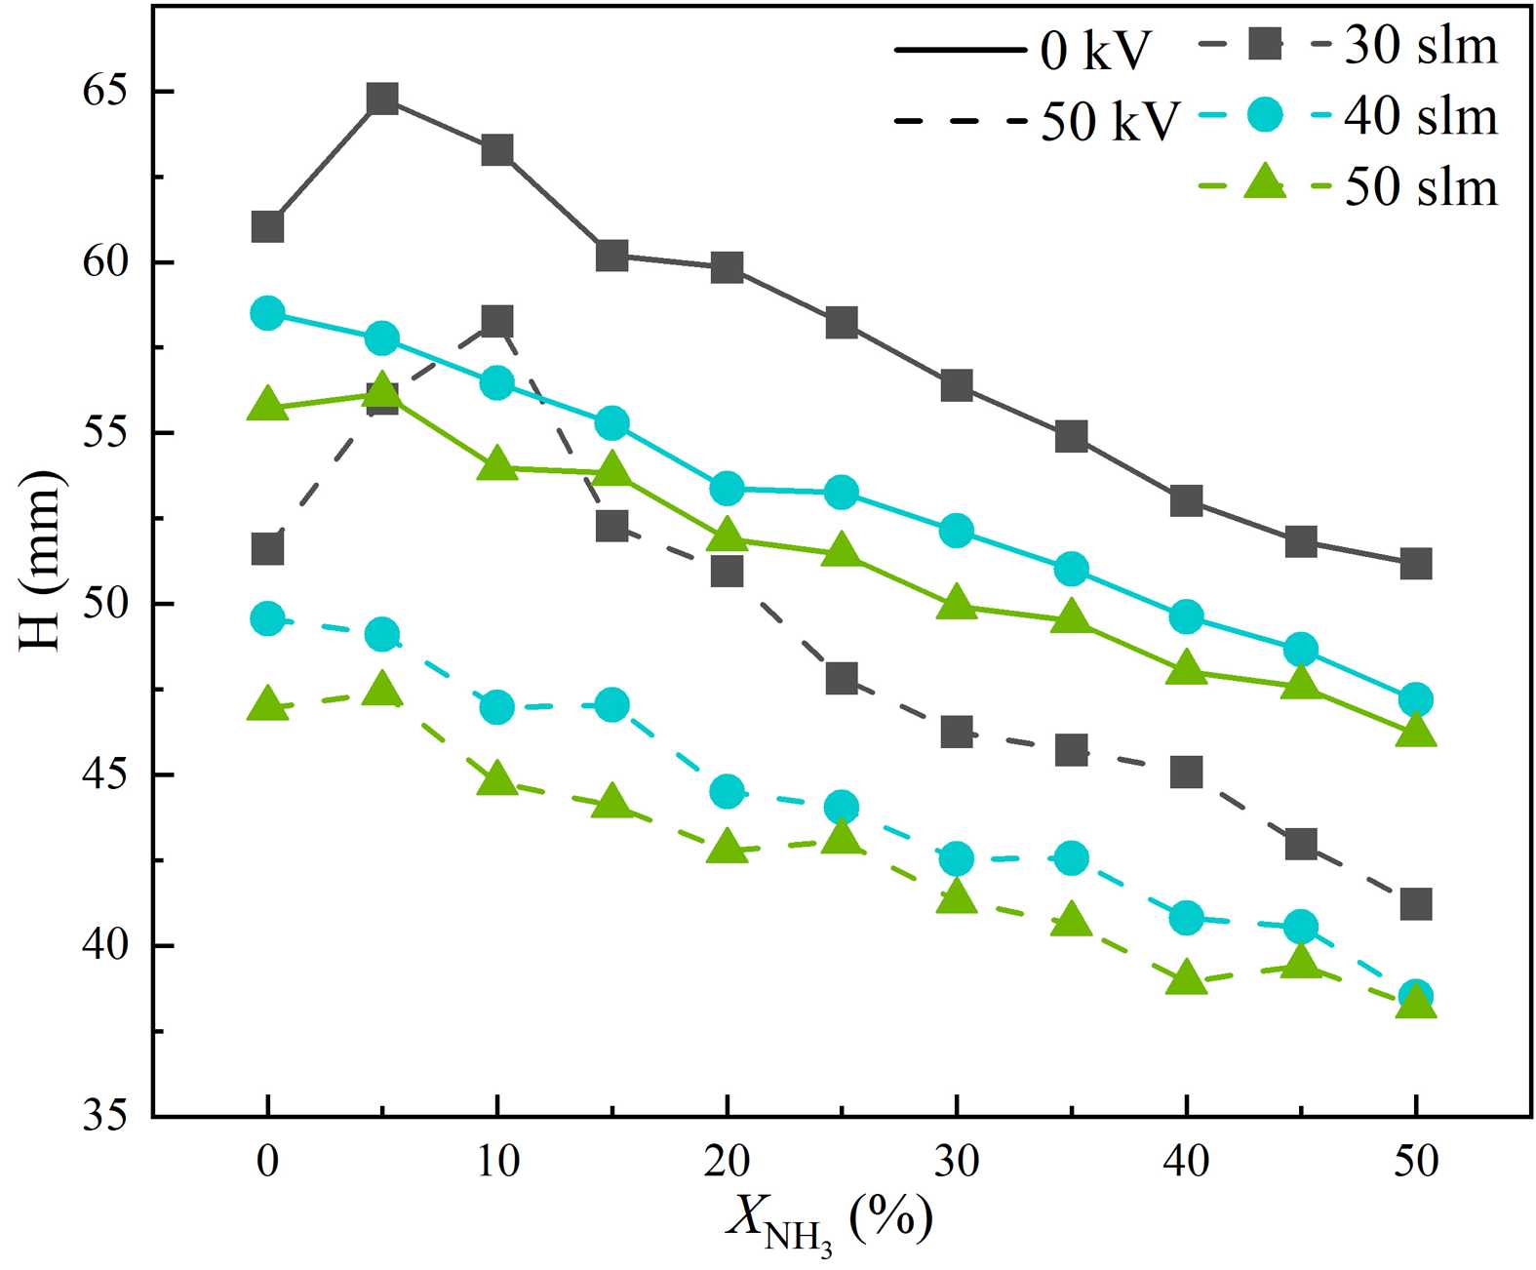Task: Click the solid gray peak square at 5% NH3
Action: coord(382,99)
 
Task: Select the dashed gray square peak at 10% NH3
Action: coord(497,320)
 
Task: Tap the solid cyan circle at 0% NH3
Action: coord(267,313)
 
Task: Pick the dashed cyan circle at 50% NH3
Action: coord(1415,996)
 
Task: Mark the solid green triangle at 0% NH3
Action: coord(267,405)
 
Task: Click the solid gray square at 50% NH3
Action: coord(1415,564)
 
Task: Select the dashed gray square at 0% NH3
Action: coord(267,549)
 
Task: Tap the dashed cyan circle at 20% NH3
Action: coord(727,791)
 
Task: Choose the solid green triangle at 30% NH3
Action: coord(957,603)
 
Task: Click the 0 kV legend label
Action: coord(1095,50)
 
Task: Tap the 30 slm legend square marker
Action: coord(1266,44)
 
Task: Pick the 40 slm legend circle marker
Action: coord(1266,115)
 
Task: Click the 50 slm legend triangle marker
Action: coord(1266,183)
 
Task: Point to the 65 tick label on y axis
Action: coord(107,92)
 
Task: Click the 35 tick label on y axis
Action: coord(107,1116)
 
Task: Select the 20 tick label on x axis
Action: coord(727,1162)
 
